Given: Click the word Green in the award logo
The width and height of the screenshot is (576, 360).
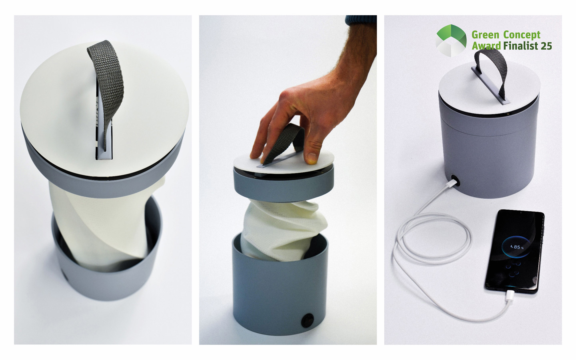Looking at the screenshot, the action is click(484, 34).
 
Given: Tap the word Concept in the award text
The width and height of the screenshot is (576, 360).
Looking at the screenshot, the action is click(522, 34).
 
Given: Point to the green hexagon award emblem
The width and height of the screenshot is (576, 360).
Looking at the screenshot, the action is click(451, 40).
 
